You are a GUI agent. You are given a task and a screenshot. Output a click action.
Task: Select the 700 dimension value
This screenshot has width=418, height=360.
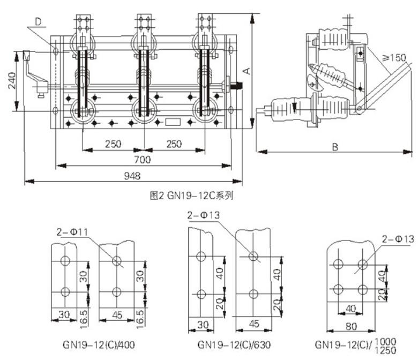pyautogui.click(x=142, y=160)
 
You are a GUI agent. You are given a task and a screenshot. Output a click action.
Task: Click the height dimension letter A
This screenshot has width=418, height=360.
pyautogui.click(x=245, y=70)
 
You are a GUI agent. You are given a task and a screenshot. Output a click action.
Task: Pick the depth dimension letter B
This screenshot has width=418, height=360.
pyautogui.click(x=334, y=147)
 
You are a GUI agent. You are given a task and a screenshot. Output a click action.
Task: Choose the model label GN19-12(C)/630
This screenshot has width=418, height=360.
pyautogui.click(x=231, y=344)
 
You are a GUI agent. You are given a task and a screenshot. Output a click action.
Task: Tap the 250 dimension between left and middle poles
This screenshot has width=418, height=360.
pyautogui.click(x=113, y=144)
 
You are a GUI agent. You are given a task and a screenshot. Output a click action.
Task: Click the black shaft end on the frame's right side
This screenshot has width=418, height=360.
pyautogui.click(x=238, y=84)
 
